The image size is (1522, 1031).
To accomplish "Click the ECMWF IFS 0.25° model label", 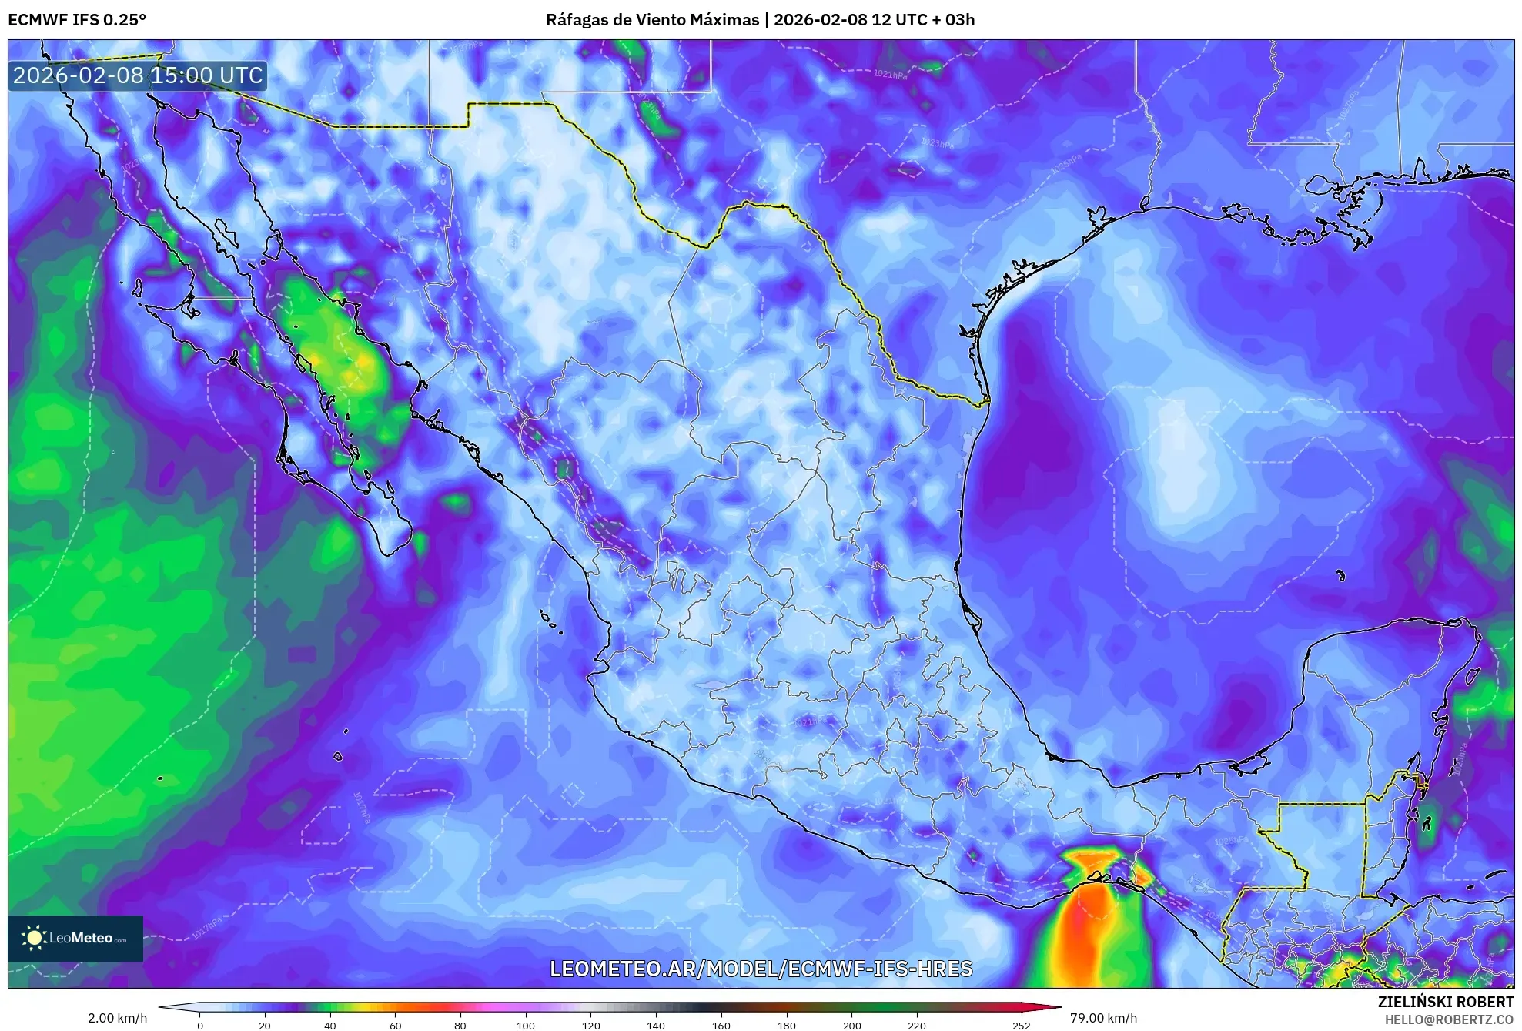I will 76,20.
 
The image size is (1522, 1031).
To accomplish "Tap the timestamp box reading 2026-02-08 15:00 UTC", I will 138,75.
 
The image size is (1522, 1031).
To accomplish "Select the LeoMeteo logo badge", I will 75,938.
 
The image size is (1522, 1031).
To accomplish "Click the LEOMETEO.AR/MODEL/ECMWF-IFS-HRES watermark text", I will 761,969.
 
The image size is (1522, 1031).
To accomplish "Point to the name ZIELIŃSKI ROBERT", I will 1445,1002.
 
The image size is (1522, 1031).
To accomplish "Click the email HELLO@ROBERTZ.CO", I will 1449,1019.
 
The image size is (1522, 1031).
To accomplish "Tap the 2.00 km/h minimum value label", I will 117,1018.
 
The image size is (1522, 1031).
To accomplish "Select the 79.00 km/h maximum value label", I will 1102,1018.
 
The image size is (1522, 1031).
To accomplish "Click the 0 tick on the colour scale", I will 200,1025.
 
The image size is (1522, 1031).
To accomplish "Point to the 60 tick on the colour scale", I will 395,1025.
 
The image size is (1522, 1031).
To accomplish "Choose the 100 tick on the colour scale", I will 525,1025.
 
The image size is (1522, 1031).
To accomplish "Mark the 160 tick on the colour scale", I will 721,1025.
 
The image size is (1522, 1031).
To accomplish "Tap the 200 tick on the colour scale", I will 851,1025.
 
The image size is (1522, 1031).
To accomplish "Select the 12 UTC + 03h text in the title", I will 923,20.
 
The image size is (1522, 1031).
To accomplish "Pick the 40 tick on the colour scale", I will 330,1025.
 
